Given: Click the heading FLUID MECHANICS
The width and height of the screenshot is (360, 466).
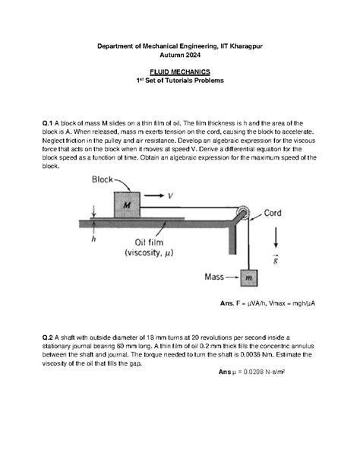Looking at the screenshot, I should pos(180,71).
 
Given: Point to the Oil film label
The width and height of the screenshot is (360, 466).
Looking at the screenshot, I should pos(150,243).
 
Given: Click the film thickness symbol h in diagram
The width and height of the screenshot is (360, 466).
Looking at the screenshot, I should pos(93,239).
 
